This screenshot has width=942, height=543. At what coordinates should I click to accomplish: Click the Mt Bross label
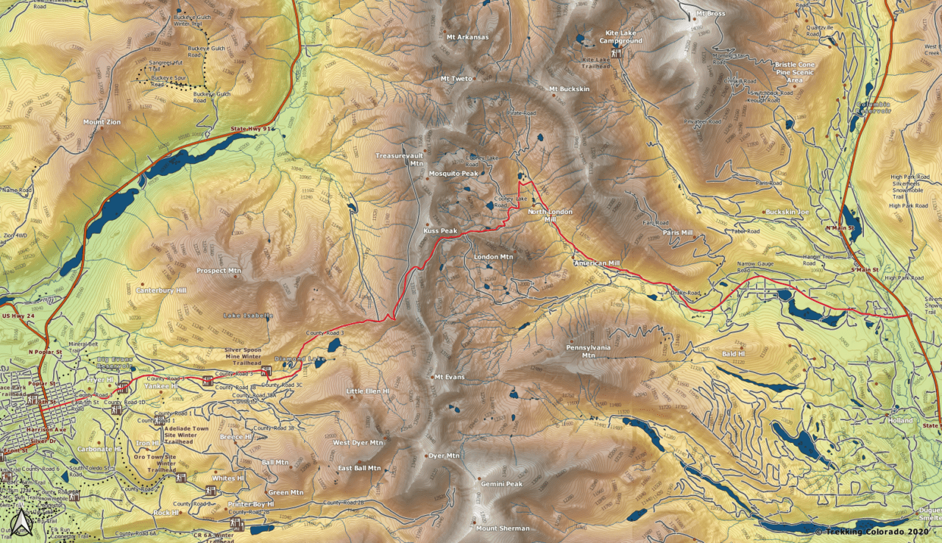coord(711,13)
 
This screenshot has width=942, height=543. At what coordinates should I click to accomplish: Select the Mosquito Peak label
coord(453,174)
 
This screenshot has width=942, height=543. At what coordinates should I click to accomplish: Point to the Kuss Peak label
coord(441,231)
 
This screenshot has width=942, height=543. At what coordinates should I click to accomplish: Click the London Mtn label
coord(493,257)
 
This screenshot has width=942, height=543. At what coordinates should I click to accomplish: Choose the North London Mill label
coord(550,216)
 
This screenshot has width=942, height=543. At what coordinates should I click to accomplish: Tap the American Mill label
coord(597,263)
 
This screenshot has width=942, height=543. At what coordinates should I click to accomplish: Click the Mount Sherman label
coord(502,528)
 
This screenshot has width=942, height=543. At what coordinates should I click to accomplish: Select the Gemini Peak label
coord(501,484)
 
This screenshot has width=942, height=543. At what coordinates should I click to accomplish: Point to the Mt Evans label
coord(449,377)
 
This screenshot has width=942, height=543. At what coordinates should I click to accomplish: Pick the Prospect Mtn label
coord(219,271)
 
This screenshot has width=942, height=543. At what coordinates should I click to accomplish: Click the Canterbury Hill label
coord(161,290)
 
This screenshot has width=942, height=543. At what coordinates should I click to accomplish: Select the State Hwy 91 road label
coord(252,129)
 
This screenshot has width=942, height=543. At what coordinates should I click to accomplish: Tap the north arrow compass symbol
coord(21,523)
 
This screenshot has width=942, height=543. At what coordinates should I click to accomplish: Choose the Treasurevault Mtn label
coord(397,160)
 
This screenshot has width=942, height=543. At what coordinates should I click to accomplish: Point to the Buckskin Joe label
coord(787,212)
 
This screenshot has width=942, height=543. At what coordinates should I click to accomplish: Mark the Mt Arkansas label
coord(467,37)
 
